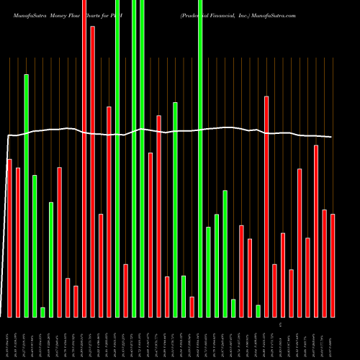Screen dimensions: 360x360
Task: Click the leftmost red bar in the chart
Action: tap(9, 238)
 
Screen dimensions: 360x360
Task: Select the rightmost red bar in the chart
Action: tap(333, 265)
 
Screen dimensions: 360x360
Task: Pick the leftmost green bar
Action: tap(26, 195)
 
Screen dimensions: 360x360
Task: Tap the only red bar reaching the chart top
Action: tap(84, 158)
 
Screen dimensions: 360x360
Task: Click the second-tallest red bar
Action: tap(92, 171)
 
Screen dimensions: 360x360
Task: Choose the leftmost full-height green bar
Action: tap(117, 158)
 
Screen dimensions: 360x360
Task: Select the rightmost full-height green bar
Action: tap(200, 158)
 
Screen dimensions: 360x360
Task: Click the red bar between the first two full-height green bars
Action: tap(125, 290)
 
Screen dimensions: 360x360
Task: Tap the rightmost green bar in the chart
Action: tap(258, 310)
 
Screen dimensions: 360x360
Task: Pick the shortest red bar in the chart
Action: tap(192, 306)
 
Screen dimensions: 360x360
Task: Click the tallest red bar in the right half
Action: tap(266, 206)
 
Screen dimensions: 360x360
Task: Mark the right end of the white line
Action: tap(331, 137)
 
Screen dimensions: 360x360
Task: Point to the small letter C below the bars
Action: tap(271, 325)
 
